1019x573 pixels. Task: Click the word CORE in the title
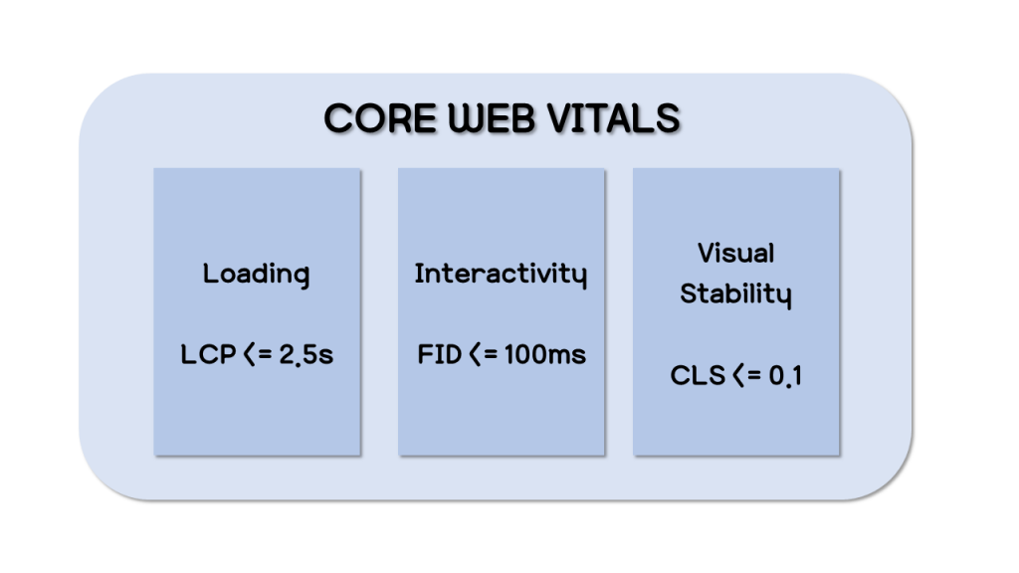coord(379,118)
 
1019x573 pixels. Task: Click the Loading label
coord(256,275)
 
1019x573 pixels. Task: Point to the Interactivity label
coord(501,275)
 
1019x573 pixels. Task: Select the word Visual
coord(735,253)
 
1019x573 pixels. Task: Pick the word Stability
coord(735,294)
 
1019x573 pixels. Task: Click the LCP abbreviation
coord(208,355)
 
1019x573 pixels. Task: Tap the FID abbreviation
coord(439,355)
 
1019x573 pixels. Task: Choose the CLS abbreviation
coord(698,375)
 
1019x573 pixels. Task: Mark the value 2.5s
coord(306,355)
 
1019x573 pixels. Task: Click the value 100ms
coord(544,355)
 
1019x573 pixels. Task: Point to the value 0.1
coord(785,376)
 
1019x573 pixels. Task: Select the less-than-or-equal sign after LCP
coord(258,355)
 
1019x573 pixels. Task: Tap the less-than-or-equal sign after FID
coord(483,355)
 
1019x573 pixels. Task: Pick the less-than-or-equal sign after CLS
coord(746,375)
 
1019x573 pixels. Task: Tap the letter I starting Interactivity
coord(419,273)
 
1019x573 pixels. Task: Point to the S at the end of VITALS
coord(667,118)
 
